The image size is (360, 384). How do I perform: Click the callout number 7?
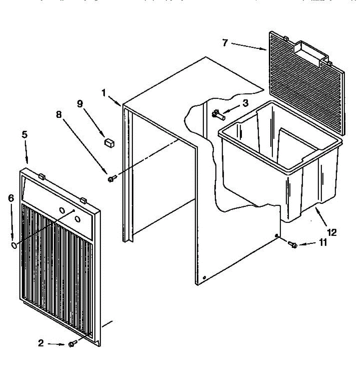[x=225, y=43]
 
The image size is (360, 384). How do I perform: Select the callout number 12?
[x=332, y=232]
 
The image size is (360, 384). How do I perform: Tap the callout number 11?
[x=323, y=243]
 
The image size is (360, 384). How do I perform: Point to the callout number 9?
[x=80, y=103]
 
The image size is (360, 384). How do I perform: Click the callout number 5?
[x=25, y=134]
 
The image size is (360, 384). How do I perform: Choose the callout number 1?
[x=104, y=93]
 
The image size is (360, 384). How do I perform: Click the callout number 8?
[x=59, y=115]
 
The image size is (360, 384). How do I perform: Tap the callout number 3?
[x=245, y=103]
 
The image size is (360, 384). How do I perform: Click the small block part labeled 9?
[x=109, y=142]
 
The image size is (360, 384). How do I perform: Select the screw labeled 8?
[x=111, y=179]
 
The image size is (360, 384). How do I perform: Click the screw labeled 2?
[x=72, y=344]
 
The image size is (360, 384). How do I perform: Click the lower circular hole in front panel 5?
[x=77, y=219]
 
